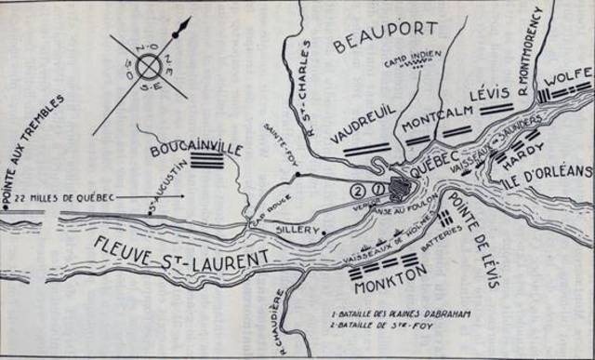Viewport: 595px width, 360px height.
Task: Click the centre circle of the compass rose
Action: coord(149,66)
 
